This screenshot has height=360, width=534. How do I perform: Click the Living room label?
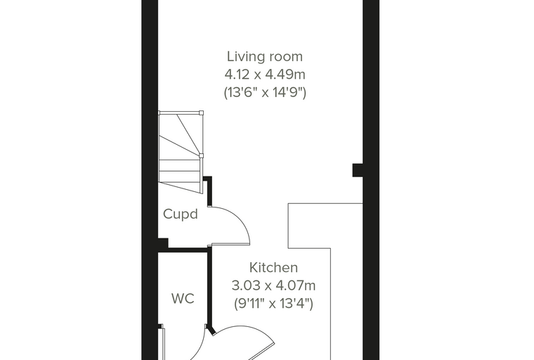pyautogui.click(x=265, y=56)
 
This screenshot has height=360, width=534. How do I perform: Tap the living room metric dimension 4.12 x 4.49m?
pyautogui.click(x=265, y=75)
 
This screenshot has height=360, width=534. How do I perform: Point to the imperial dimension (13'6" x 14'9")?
pyautogui.click(x=265, y=92)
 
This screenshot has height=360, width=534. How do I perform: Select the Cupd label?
pyautogui.click(x=180, y=214)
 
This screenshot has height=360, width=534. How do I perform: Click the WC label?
pyautogui.click(x=183, y=299)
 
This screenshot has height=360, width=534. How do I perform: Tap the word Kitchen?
pyautogui.click(x=273, y=268)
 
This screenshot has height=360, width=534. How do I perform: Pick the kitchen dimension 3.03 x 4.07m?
pyautogui.click(x=273, y=285)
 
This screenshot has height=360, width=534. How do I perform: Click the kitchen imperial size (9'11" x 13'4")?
pyautogui.click(x=273, y=303)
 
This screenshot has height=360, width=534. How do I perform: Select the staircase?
pyautogui.click(x=181, y=152)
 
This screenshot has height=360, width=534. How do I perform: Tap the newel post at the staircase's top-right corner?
pyautogui.click(x=201, y=112)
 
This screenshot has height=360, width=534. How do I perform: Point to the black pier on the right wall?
pyautogui.click(x=358, y=170)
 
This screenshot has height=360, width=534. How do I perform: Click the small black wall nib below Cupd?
pyautogui.click(x=163, y=243)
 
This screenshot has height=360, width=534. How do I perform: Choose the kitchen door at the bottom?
pyautogui.click(x=244, y=341)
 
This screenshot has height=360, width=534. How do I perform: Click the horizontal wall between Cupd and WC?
pyautogui.click(x=184, y=250)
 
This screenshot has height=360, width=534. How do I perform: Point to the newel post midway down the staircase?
pyautogui.click(x=201, y=156)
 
